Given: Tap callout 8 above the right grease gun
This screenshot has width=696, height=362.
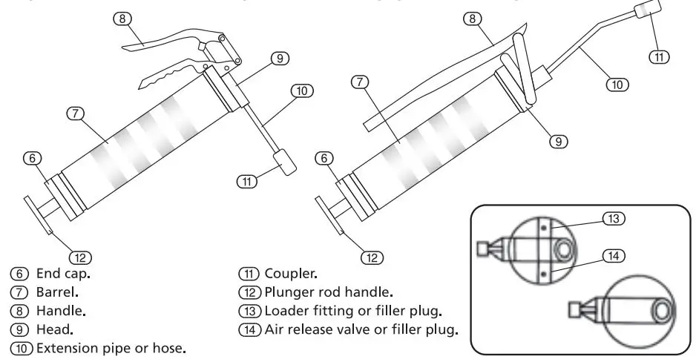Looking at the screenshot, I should coord(470,19).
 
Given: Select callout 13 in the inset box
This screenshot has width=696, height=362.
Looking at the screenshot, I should coord(614,218).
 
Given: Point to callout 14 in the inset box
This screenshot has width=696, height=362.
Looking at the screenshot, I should coord(614,256).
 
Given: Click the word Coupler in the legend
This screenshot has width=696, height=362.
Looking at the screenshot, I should coord(286,274).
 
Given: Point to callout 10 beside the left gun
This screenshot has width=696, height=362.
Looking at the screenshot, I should coord(301,90).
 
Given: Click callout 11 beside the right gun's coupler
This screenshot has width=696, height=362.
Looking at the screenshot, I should coord(658,56).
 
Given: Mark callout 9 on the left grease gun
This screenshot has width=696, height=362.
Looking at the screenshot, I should coord(279,58).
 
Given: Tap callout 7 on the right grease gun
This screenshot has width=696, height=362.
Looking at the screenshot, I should coord(360,82).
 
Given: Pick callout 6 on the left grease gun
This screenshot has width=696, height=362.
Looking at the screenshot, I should coord(31,157).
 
